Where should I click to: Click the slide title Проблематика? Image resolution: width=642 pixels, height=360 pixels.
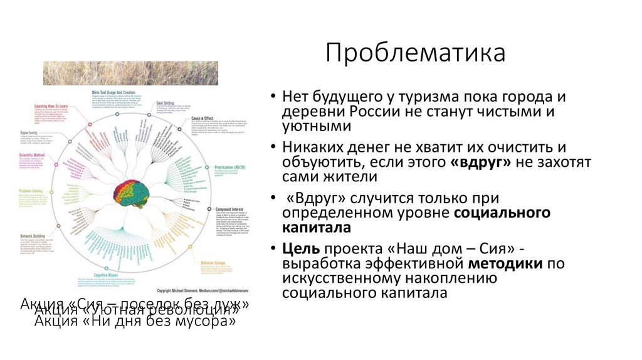pyautogui.click(x=415, y=53)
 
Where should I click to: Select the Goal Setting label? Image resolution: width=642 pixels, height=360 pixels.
pyautogui.click(x=167, y=99)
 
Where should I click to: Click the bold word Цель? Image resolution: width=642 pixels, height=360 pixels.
pyautogui.click(x=297, y=246)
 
